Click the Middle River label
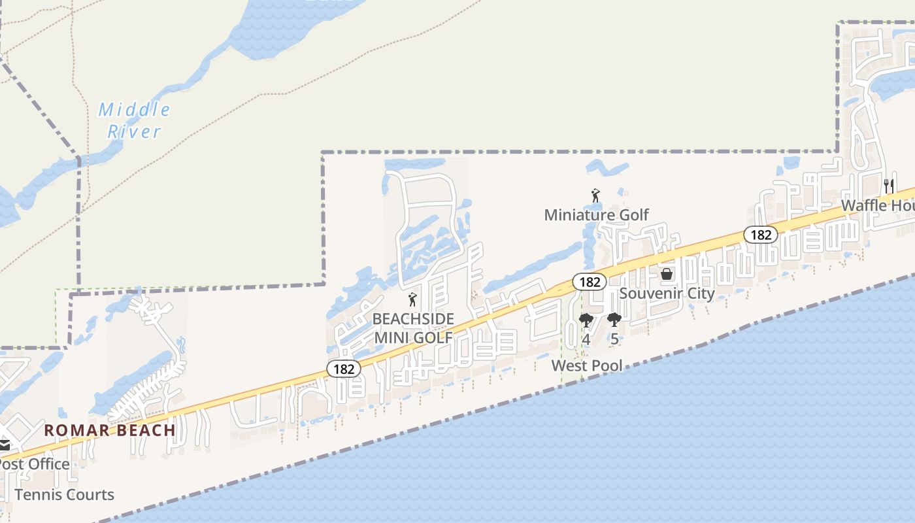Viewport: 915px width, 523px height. click(x=134, y=120)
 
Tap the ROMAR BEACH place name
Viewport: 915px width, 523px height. click(x=110, y=430)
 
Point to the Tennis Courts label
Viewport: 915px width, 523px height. click(x=64, y=495)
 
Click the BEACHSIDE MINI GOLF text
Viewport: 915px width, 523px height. click(x=412, y=328)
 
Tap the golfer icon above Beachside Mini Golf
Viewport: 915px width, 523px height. click(x=412, y=300)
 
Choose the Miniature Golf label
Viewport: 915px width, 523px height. click(x=596, y=214)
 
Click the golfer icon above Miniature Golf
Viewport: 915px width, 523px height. click(x=595, y=195)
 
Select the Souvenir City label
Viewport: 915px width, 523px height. click(x=667, y=293)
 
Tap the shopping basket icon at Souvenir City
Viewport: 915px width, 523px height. click(x=667, y=274)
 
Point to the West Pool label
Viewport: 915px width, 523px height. click(x=587, y=365)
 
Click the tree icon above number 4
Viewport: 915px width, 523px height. click(x=586, y=320)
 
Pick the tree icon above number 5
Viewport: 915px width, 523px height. click(x=614, y=320)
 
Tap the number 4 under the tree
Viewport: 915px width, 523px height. click(x=586, y=339)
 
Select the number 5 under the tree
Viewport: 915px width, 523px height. click(x=614, y=339)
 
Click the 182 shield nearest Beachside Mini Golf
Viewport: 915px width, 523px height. click(x=344, y=369)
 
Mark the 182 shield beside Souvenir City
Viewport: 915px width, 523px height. click(x=590, y=282)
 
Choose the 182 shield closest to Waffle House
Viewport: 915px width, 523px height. click(x=761, y=235)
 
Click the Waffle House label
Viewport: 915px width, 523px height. click(x=877, y=205)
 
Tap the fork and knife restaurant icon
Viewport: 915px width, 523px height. click(x=888, y=186)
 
